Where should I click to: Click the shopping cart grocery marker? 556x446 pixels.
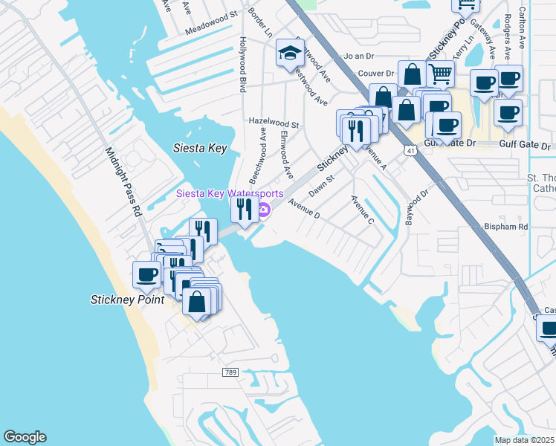[x=440, y=74]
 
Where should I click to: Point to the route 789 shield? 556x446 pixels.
[x=230, y=372]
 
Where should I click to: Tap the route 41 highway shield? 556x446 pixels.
[x=410, y=151]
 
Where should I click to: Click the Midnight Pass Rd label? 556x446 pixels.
[x=123, y=181]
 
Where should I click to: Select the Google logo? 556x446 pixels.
[x=25, y=437]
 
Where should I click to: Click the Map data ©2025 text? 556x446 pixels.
[x=524, y=440]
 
